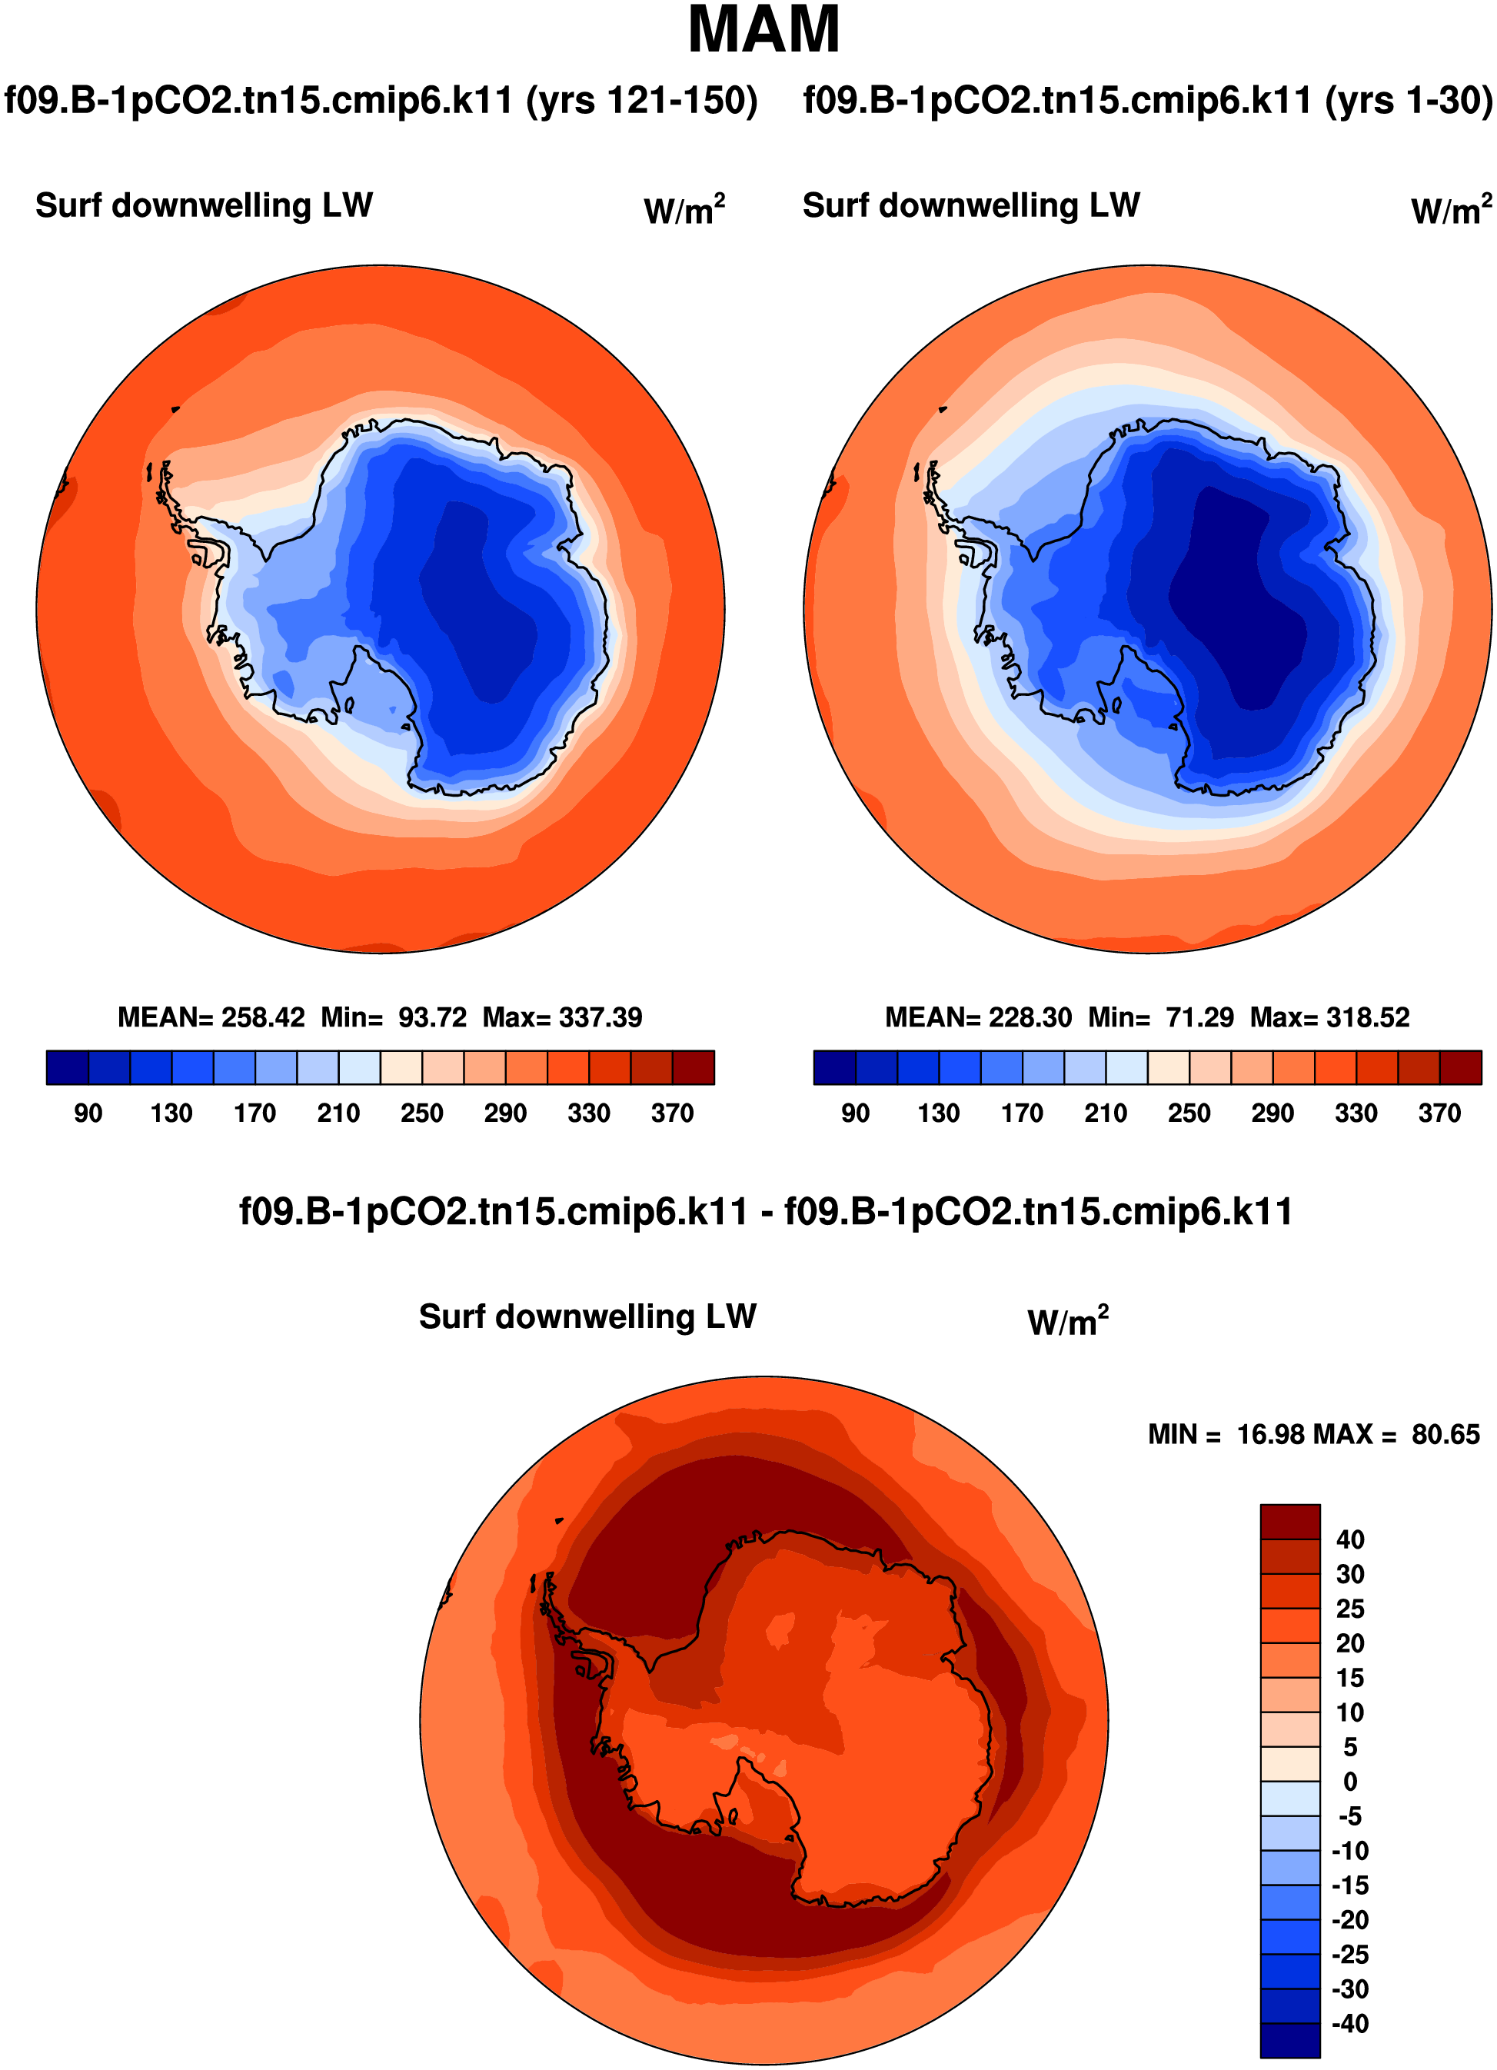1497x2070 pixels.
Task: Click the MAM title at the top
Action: (x=763, y=30)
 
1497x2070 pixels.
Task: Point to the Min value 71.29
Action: (x=1199, y=1017)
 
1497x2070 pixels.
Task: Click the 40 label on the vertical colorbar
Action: (x=1349, y=1539)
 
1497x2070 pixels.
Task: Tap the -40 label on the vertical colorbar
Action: (x=1349, y=2023)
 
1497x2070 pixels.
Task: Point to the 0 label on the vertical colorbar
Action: (x=1349, y=1781)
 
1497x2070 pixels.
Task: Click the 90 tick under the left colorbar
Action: (x=88, y=1113)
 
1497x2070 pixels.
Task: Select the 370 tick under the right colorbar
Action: (x=1439, y=1113)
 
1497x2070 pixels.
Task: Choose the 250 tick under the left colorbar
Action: (x=421, y=1113)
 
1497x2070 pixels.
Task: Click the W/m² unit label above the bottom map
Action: (x=1067, y=1321)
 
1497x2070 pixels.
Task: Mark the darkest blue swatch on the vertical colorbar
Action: (x=1290, y=2041)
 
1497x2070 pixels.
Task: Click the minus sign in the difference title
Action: (x=767, y=1213)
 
